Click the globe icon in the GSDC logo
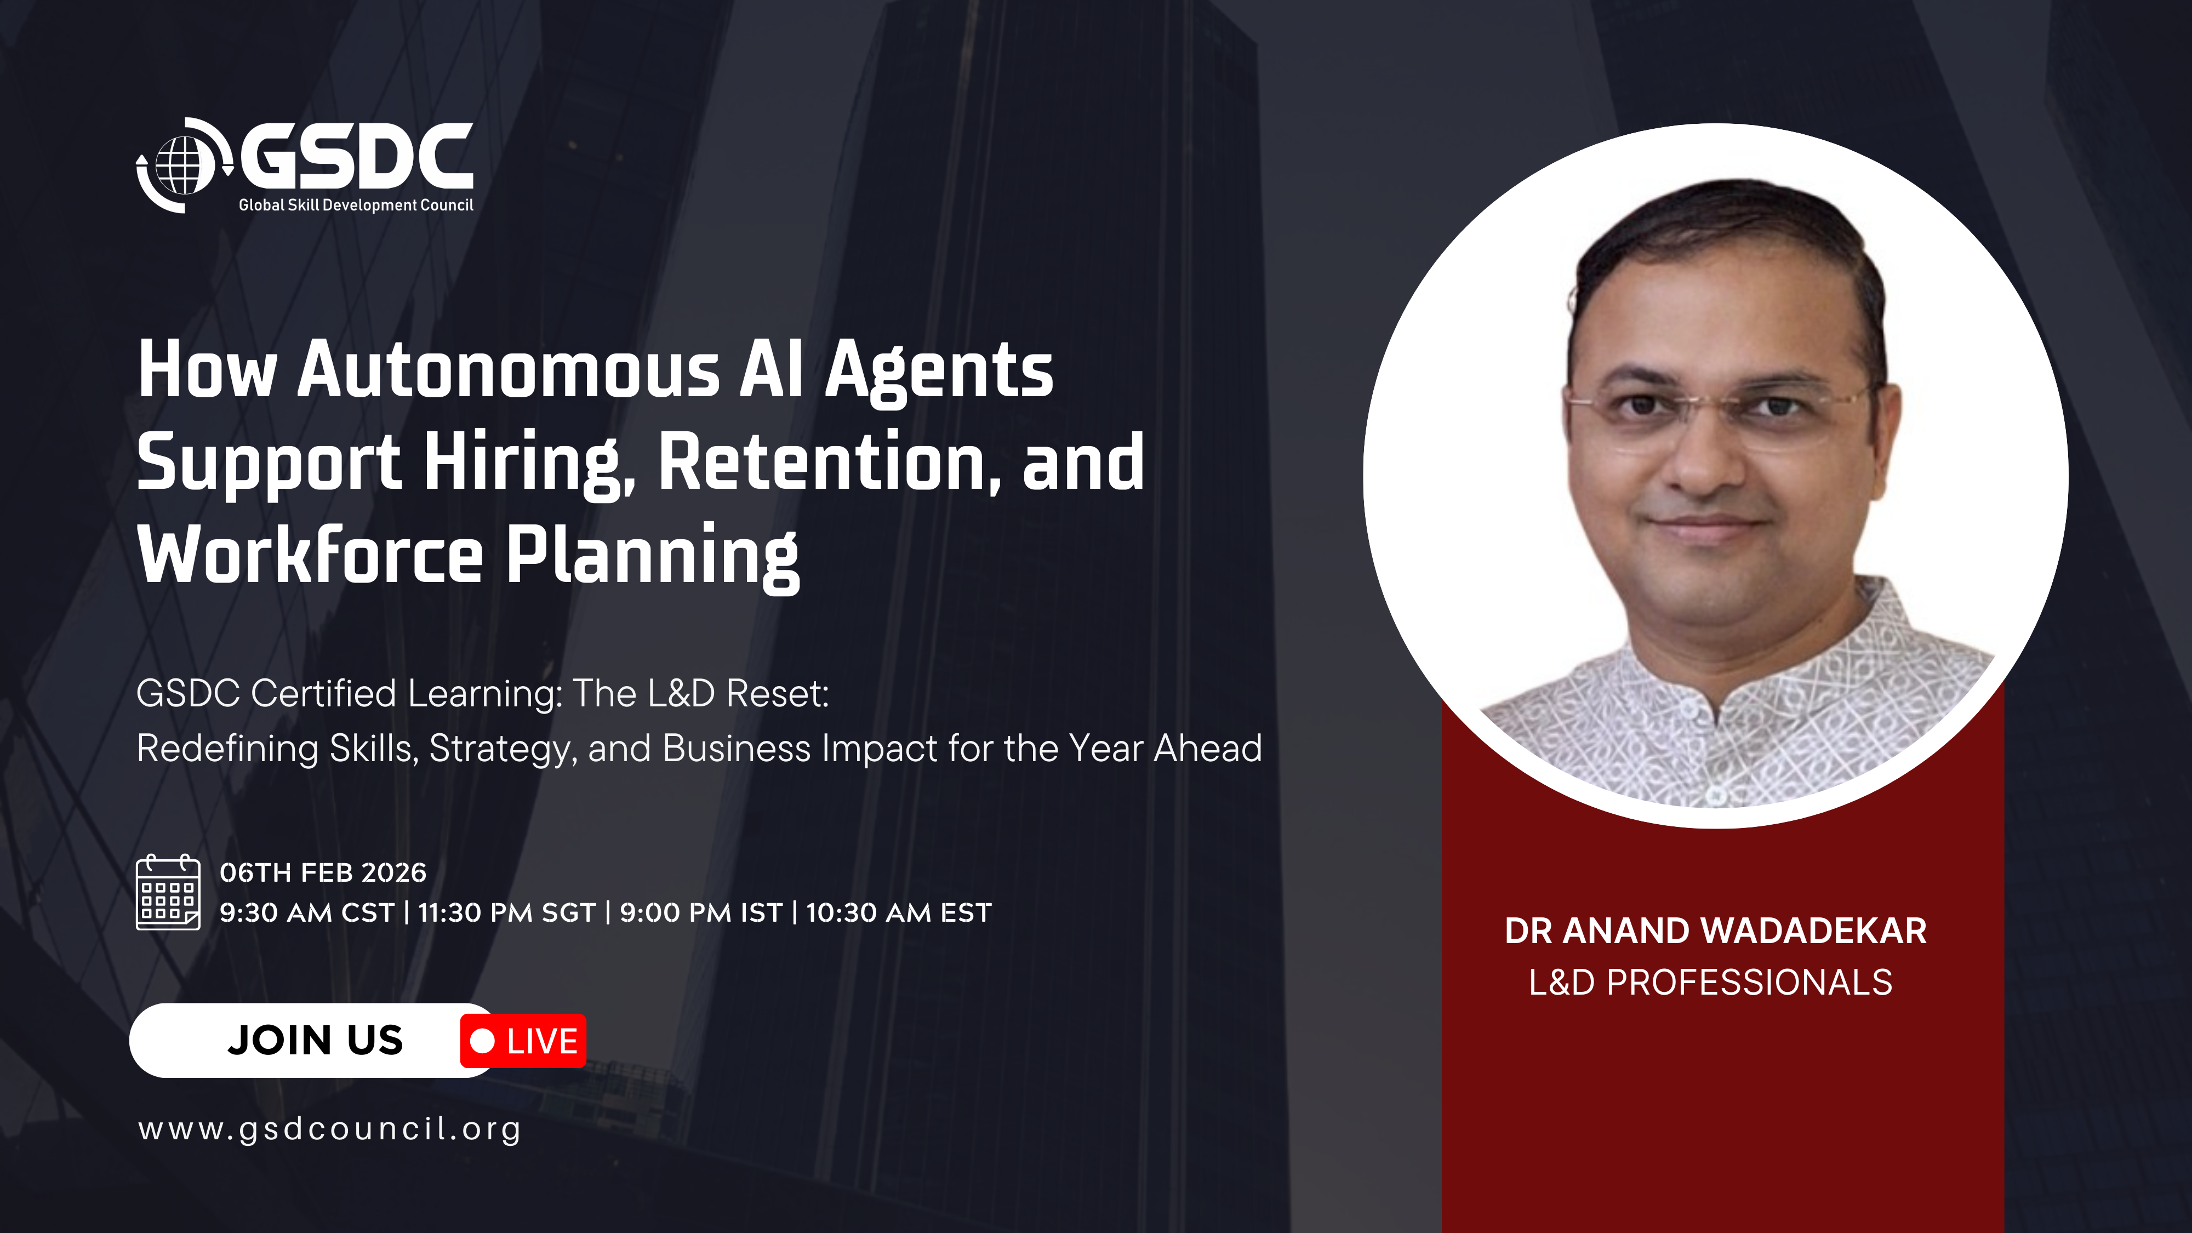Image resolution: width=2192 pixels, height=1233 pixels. pyautogui.click(x=184, y=165)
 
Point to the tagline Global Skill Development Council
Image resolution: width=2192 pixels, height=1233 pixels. pyautogui.click(x=356, y=205)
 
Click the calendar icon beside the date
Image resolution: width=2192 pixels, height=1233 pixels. pyautogui.click(x=168, y=893)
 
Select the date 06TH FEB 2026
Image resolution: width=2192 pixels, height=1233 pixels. pyautogui.click(x=323, y=872)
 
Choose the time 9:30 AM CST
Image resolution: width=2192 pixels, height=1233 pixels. pyautogui.click(x=307, y=913)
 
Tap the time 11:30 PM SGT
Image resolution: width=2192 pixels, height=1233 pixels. pyautogui.click(x=507, y=913)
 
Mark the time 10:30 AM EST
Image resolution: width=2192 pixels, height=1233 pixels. pyautogui.click(x=899, y=913)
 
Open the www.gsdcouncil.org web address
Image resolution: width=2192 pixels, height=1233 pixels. pyautogui.click(x=330, y=1129)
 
